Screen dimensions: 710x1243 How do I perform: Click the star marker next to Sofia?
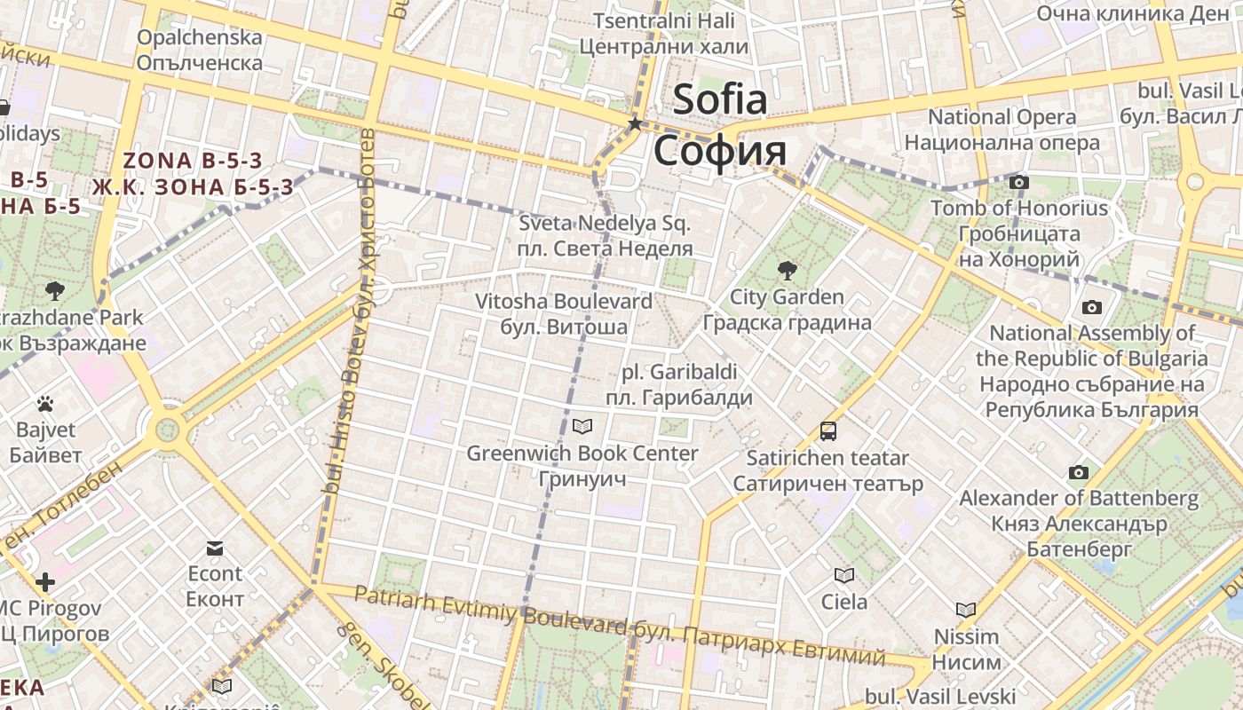[635, 123]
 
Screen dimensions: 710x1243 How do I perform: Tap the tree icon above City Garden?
[787, 270]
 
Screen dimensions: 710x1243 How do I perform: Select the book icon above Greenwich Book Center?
[582, 427]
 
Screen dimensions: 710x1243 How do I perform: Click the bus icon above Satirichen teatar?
[827, 431]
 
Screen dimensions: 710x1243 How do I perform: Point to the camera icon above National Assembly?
[1092, 307]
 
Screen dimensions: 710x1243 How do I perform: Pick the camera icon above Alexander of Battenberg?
[1079, 472]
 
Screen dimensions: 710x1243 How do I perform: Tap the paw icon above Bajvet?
[45, 404]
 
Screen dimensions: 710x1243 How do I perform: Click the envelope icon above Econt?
[215, 548]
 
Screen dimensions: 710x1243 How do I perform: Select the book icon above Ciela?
[843, 575]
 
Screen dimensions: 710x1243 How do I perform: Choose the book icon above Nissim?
[966, 610]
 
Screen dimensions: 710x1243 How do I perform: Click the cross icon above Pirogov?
[45, 582]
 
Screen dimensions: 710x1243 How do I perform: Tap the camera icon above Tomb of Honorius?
[1019, 182]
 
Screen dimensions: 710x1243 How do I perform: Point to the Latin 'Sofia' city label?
[719, 99]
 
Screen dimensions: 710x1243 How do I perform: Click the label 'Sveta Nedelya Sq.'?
[605, 224]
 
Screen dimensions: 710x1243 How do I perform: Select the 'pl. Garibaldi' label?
[679, 372]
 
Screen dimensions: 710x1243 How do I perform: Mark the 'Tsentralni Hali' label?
[664, 20]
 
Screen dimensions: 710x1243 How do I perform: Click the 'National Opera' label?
[1002, 117]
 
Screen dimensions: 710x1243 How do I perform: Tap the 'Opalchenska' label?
[200, 37]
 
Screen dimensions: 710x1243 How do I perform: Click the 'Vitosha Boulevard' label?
[564, 301]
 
